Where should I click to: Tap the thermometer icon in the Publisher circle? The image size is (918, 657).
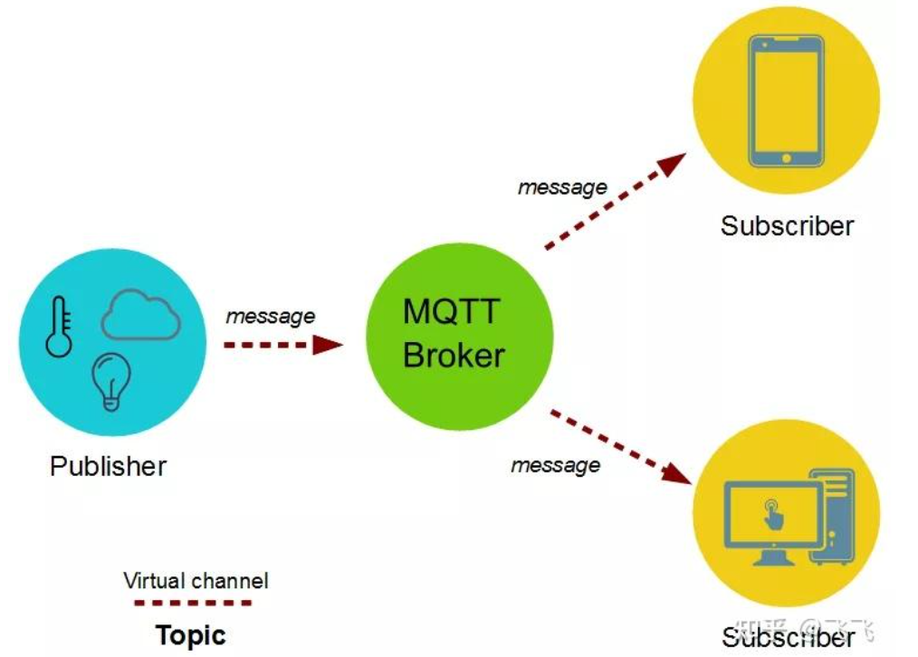click(59, 326)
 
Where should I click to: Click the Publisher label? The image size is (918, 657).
click(109, 467)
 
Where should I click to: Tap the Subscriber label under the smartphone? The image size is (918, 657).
click(787, 226)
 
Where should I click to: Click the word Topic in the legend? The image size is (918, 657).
click(190, 634)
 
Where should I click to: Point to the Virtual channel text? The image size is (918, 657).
click(196, 580)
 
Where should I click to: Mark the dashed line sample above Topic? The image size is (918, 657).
click(192, 602)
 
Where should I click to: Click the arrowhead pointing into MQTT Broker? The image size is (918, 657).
click(328, 344)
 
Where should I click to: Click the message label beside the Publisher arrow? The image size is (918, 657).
click(270, 317)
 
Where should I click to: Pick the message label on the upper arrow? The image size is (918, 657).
click(562, 187)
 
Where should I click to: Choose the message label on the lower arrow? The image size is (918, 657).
click(555, 465)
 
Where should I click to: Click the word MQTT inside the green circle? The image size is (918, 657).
click(450, 312)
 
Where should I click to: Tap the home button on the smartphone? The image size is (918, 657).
click(786, 158)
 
